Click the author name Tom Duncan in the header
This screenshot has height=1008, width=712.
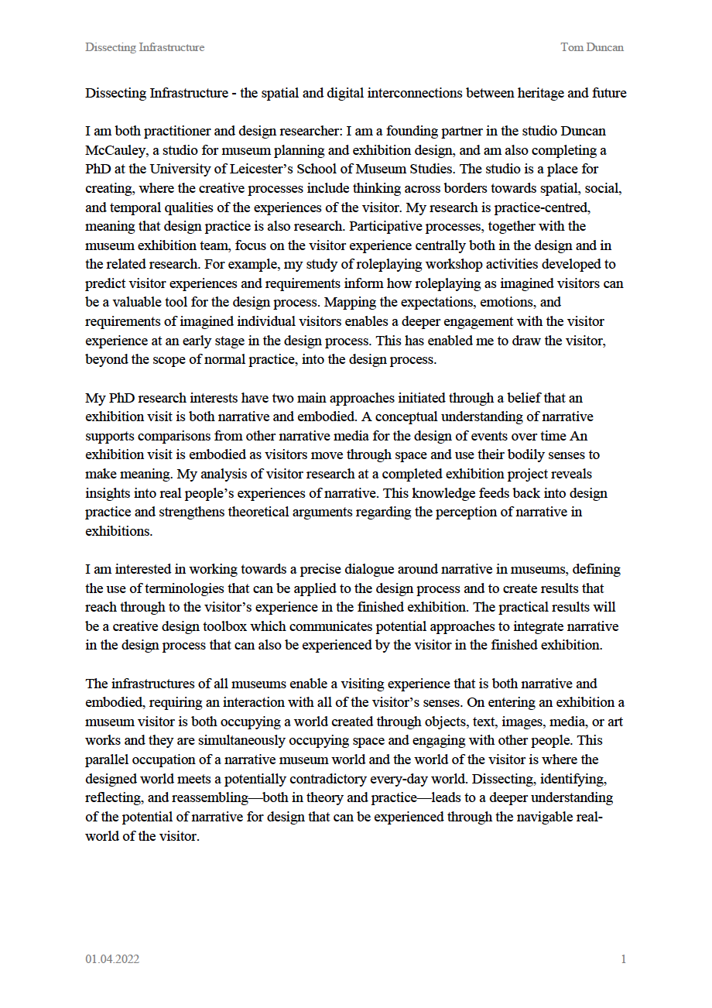tap(592, 47)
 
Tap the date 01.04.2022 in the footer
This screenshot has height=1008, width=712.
tap(112, 959)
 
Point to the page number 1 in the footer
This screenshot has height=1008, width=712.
tap(623, 959)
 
